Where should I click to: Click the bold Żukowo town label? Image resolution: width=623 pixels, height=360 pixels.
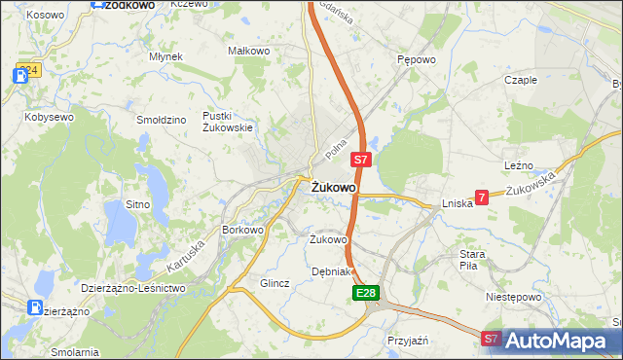(333, 187)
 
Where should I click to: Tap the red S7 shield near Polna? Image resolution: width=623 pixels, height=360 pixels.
(360, 158)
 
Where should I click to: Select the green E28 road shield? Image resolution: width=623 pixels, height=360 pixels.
(365, 292)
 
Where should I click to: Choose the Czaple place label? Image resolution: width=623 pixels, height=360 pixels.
(521, 80)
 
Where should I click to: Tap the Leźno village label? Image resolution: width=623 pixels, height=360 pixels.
(519, 167)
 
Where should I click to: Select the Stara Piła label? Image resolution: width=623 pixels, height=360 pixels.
(473, 260)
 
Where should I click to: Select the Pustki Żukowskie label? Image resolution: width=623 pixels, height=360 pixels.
(228, 122)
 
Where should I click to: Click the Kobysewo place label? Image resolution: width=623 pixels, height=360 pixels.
(50, 117)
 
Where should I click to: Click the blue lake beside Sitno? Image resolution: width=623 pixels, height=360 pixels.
(121, 225)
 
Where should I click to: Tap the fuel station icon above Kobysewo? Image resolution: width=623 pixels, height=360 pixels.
(22, 74)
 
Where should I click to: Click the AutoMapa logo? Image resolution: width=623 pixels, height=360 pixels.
(556, 340)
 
